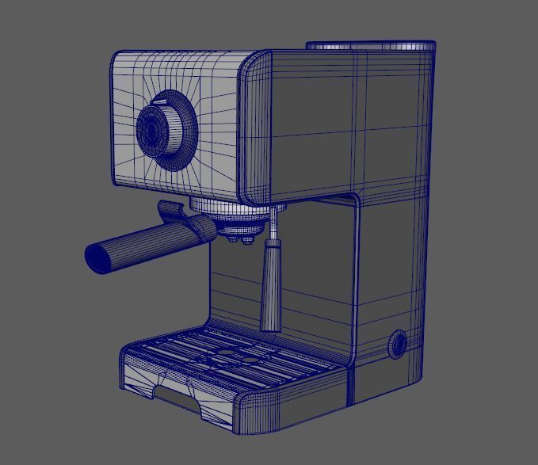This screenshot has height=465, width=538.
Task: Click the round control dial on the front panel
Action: click(x=166, y=128)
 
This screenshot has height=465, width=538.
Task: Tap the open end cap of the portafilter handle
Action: click(x=99, y=257)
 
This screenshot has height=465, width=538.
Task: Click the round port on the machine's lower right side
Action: click(x=397, y=345)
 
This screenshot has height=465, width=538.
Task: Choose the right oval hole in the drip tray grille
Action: click(x=250, y=360)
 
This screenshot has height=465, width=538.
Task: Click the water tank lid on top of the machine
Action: click(x=370, y=45)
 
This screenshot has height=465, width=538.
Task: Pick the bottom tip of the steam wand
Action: click(x=270, y=326)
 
